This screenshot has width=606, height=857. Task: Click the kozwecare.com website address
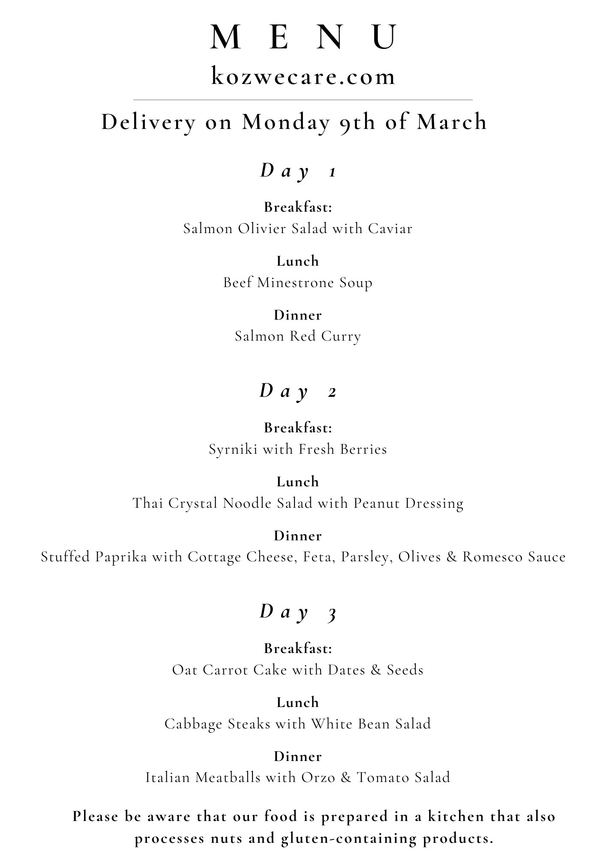(x=303, y=76)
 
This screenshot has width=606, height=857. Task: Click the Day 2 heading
(x=298, y=392)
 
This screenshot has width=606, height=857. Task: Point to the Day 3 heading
(x=298, y=612)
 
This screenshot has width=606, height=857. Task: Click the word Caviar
(x=390, y=228)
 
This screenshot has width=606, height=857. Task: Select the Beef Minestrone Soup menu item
(x=298, y=283)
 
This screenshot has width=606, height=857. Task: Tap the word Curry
(x=341, y=336)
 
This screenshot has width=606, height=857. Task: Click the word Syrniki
(x=233, y=449)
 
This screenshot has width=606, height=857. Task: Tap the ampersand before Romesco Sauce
(x=451, y=557)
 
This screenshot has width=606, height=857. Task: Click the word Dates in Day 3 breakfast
(x=346, y=670)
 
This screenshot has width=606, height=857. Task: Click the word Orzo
(x=318, y=778)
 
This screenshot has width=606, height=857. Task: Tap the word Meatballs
(x=228, y=778)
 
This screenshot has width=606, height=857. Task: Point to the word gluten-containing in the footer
(x=349, y=838)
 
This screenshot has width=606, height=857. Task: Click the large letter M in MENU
(x=225, y=38)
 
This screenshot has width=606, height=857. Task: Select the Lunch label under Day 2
(x=298, y=482)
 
